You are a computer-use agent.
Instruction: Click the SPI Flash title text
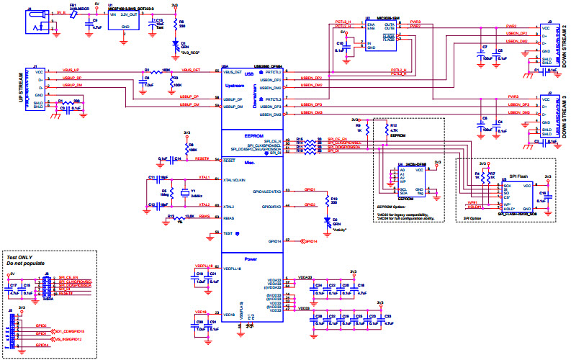(518, 176)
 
